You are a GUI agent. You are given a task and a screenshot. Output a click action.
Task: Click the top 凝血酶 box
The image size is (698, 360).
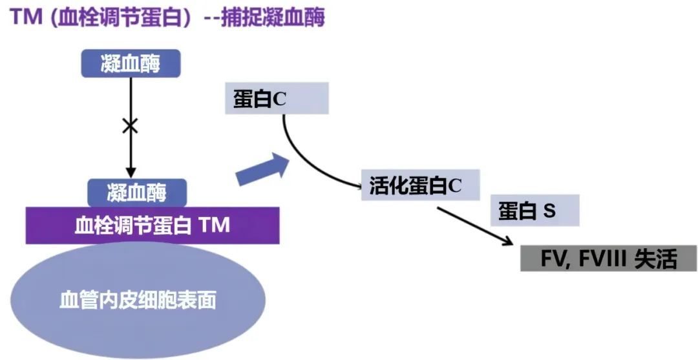click(x=131, y=63)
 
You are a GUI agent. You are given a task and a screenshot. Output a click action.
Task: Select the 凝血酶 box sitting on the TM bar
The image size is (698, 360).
click(x=137, y=193)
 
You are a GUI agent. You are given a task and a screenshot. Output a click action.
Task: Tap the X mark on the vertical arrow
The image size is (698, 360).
click(x=131, y=125)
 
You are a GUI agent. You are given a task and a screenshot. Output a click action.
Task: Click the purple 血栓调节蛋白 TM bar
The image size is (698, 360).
click(x=153, y=226)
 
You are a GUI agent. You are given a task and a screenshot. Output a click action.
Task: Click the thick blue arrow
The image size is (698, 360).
click(x=261, y=170)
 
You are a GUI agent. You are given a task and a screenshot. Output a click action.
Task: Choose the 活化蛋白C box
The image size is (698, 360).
click(x=420, y=185)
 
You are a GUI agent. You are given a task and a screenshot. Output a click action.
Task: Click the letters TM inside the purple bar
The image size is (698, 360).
click(x=214, y=226)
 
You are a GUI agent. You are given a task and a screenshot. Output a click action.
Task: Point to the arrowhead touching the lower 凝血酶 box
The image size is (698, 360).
click(x=131, y=173)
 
